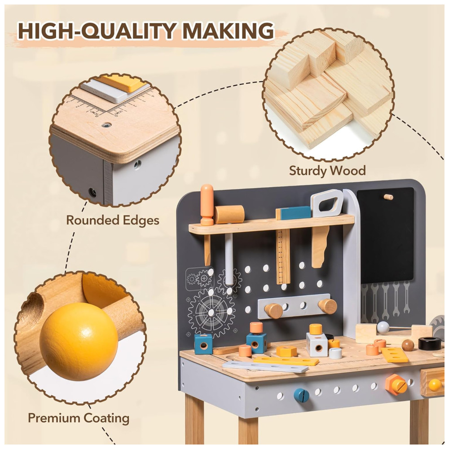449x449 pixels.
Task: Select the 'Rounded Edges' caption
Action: point(113,221)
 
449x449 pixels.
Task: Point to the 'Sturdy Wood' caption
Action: point(327,171)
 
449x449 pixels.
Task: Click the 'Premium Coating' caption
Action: point(79,418)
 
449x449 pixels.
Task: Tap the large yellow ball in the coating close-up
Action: point(79,342)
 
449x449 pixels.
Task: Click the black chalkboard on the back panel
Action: point(385,235)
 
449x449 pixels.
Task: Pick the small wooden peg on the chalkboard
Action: point(388,197)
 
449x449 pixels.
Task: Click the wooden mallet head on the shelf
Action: point(229,214)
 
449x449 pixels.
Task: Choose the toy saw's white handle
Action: point(327,203)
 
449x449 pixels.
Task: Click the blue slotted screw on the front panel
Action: point(302,396)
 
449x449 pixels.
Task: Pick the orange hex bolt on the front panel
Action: point(396,385)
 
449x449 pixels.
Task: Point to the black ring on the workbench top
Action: point(430,343)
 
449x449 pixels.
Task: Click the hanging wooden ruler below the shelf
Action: point(283,256)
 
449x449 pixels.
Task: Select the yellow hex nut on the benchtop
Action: point(286,352)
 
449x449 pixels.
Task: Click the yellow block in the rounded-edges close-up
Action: point(123,83)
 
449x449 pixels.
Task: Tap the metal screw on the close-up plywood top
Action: point(106,125)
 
